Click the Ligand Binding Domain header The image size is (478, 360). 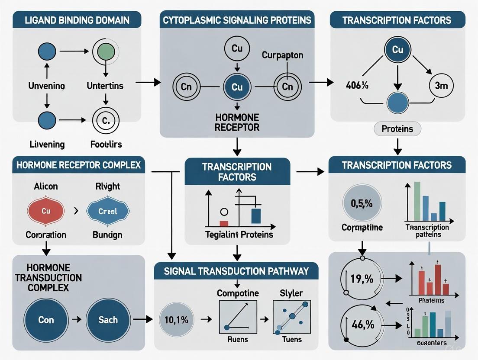pos(77,20)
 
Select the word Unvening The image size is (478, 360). pos(46,86)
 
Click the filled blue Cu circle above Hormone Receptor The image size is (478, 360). pos(237,87)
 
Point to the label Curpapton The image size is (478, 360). pos(282,56)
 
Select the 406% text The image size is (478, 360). pos(357,85)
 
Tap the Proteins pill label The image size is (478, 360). pos(397,129)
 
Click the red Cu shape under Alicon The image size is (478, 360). pos(46,211)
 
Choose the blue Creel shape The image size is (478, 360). pos(107,211)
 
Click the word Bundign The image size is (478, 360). pos(107,235)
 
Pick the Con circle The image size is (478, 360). pos(46,320)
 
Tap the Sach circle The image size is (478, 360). pos(107,320)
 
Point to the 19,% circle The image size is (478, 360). pos(362,279)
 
